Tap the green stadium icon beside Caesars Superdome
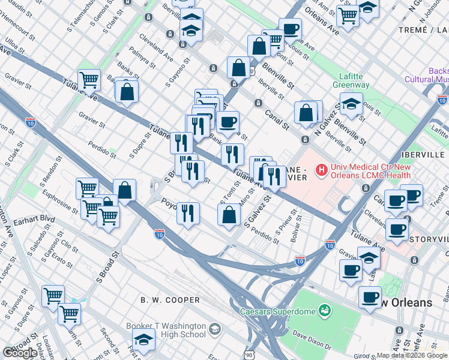coord(324,311)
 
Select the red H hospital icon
coord(322,170)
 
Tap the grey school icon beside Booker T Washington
coord(215,329)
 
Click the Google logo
coord(19,353)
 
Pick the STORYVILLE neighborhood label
coord(429,239)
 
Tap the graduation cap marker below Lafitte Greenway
coord(351,104)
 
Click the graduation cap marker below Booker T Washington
coord(143,341)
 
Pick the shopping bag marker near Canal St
coord(306,112)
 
